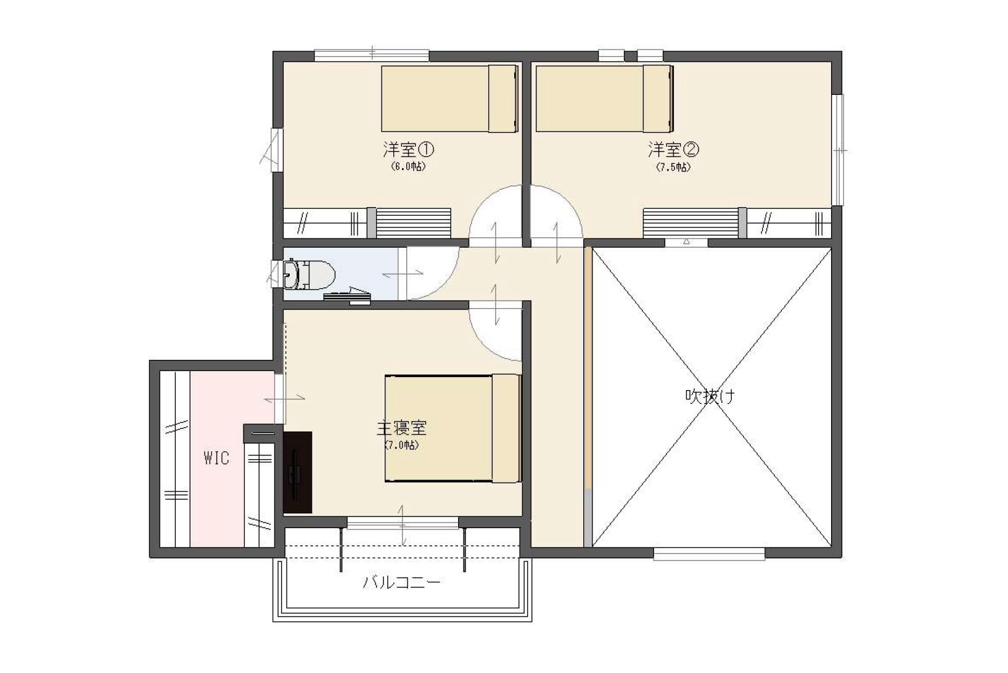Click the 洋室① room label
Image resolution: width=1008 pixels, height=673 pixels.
[x=409, y=149]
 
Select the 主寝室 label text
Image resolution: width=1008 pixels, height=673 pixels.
[x=401, y=427]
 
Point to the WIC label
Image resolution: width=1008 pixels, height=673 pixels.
[x=216, y=458]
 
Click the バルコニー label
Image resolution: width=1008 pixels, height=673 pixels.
[x=401, y=582]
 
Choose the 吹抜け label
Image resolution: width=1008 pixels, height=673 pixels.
[x=710, y=396]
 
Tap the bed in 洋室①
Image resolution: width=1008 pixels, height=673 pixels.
[x=449, y=99]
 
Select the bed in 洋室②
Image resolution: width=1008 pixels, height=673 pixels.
[x=604, y=99]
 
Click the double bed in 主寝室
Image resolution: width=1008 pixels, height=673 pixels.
[x=453, y=428]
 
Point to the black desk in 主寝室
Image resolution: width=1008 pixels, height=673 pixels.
[x=298, y=472]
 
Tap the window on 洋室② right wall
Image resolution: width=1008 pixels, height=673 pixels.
[x=837, y=150]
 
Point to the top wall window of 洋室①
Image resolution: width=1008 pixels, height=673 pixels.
[x=371, y=55]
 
